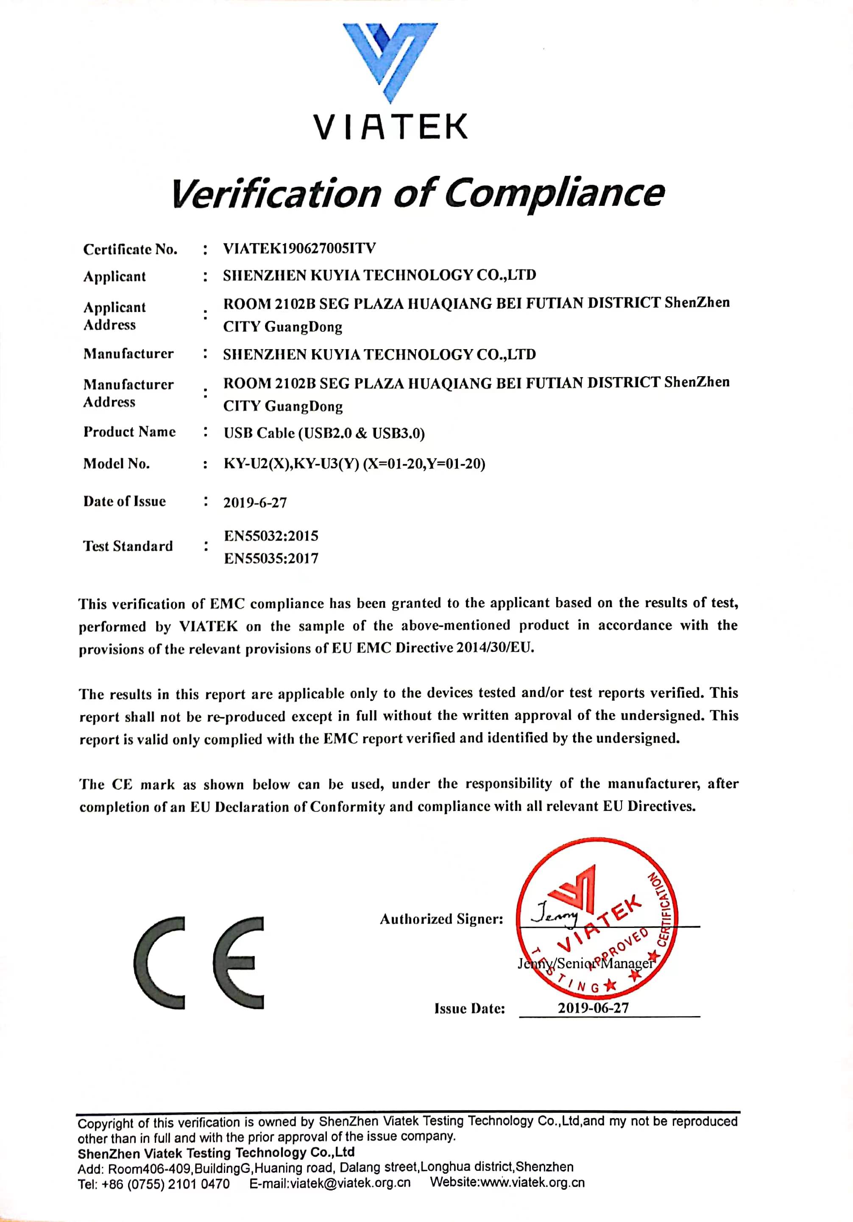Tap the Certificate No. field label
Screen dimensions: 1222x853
pyautogui.click(x=130, y=250)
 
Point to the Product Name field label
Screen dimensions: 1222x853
pyautogui.click(x=129, y=432)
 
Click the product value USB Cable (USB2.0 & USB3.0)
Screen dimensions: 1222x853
pyautogui.click(x=324, y=433)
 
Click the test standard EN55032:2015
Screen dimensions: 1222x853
pyautogui.click(x=271, y=536)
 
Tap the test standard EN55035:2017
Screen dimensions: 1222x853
pyautogui.click(x=271, y=559)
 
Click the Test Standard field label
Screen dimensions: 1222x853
pyautogui.click(x=128, y=546)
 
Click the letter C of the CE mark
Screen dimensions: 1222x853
pyautogui.click(x=160, y=963)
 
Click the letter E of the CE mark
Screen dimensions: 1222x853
pyautogui.click(x=239, y=963)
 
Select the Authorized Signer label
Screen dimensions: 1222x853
pyautogui.click(x=441, y=919)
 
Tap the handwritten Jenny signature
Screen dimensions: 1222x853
pyautogui.click(x=554, y=915)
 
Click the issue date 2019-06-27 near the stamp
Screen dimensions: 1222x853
pyautogui.click(x=593, y=1008)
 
